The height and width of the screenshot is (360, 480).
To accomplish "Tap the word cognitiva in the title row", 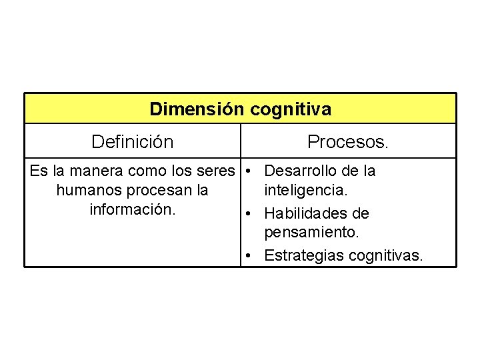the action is point(291,109).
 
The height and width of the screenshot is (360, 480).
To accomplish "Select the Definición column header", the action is point(132,142).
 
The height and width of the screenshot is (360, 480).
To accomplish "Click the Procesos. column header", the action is point(348,142).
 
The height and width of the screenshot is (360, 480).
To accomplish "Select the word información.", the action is point(132,209).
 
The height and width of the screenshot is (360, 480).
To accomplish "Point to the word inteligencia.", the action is point(305,191).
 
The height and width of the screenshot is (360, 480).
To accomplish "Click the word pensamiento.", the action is point(311,233).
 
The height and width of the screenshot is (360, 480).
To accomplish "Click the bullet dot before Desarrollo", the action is point(247,171).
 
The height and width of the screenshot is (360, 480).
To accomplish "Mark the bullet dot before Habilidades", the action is point(247,214).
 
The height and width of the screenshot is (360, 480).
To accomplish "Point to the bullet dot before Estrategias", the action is point(247,255).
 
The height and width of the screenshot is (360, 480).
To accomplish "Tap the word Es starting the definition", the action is point(38,171).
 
